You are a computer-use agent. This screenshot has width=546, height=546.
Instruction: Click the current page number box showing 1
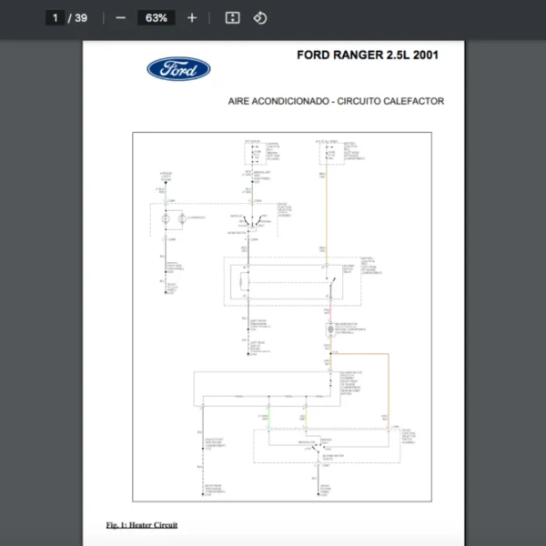56,17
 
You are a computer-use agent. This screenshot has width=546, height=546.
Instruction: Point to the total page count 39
81,17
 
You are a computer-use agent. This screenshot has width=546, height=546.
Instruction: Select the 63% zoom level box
156,17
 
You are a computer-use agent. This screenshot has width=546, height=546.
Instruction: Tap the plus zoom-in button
191,17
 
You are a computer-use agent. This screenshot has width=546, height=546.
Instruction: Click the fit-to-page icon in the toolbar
232,17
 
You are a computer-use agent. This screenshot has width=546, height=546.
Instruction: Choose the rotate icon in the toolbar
260,17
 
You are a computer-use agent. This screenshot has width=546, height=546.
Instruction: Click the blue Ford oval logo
178,69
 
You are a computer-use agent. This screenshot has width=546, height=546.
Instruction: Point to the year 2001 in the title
425,56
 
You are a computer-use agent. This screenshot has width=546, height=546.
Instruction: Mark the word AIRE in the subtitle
239,102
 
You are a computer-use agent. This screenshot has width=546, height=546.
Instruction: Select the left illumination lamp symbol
165,218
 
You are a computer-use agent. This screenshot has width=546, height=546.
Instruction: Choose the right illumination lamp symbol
183,218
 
